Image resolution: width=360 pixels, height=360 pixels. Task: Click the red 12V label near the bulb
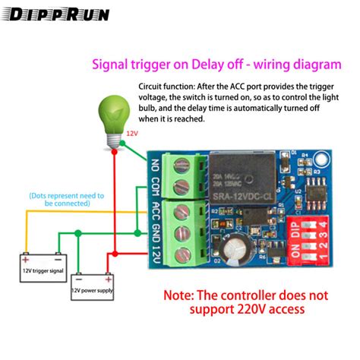[x=133, y=133]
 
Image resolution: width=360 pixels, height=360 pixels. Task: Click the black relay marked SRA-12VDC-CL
[x=245, y=182]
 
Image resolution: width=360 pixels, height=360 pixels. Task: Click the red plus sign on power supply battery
[x=76, y=279]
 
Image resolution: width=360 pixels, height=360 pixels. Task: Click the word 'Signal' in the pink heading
[x=110, y=66]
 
